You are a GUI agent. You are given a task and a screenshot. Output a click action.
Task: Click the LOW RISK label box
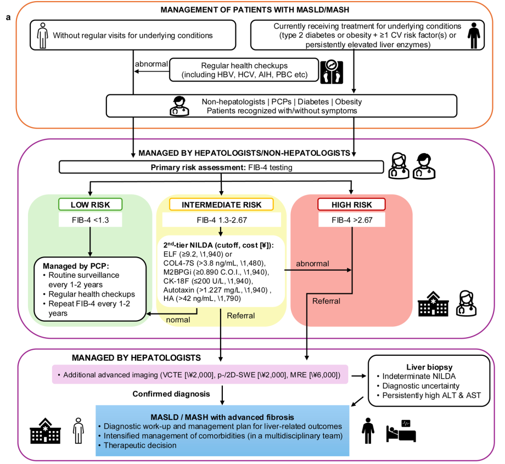click(x=90, y=204)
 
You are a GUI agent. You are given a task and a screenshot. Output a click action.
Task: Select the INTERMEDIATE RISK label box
click(x=221, y=204)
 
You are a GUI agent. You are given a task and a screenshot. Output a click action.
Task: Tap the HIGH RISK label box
click(x=351, y=204)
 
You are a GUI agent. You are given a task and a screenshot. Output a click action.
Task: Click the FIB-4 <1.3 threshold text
click(x=90, y=220)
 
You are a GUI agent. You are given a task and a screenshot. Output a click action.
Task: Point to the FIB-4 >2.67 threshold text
click(x=352, y=220)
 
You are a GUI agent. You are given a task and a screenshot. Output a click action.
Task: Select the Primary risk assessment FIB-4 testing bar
click(x=221, y=167)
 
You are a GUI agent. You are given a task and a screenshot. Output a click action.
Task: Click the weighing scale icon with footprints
click(x=332, y=72)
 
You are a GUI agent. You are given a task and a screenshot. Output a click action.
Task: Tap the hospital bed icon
click(x=401, y=431)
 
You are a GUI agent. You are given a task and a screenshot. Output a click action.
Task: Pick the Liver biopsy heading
click(x=429, y=367)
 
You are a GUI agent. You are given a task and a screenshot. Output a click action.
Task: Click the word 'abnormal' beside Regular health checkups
click(x=151, y=64)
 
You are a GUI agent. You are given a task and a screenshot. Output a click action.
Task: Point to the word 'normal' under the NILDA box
click(x=178, y=320)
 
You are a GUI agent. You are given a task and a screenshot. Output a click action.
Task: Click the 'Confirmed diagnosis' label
click(x=171, y=394)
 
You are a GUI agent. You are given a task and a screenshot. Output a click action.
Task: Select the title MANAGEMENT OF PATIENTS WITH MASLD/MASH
click(x=255, y=10)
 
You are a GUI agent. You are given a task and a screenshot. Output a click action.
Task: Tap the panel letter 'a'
click(x=8, y=17)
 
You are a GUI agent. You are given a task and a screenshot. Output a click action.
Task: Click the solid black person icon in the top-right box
click(x=474, y=36)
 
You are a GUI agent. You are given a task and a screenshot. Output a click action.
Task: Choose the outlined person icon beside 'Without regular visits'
click(x=42, y=36)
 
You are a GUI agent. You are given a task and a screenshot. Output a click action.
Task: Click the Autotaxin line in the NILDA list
click(x=217, y=290)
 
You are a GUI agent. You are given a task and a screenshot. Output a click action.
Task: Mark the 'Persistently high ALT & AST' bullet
click(x=429, y=395)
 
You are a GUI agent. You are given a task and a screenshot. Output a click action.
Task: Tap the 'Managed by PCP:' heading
click(x=76, y=266)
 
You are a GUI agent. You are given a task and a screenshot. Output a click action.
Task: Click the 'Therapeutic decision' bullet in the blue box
click(x=138, y=445)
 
